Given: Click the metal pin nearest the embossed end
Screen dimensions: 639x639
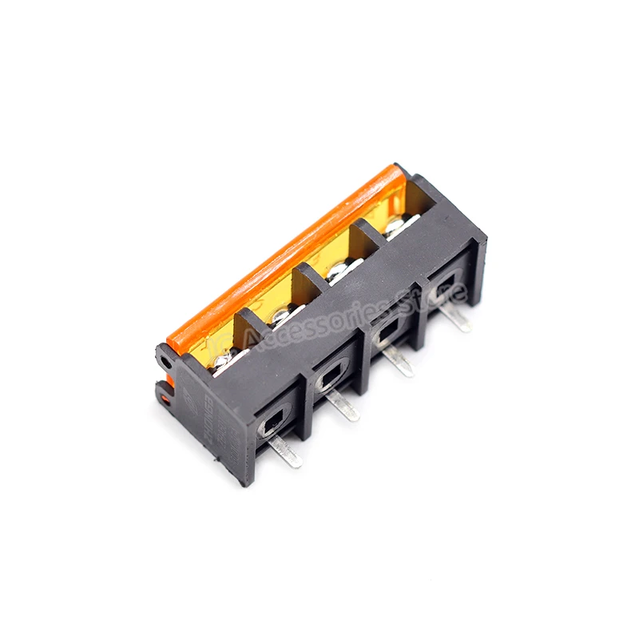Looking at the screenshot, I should tap(286, 452).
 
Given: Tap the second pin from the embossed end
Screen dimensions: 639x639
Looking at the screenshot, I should tap(345, 408).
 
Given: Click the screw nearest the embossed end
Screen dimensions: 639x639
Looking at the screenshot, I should tap(224, 360).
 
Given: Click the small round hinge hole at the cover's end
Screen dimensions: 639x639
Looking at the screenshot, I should tap(165, 362).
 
